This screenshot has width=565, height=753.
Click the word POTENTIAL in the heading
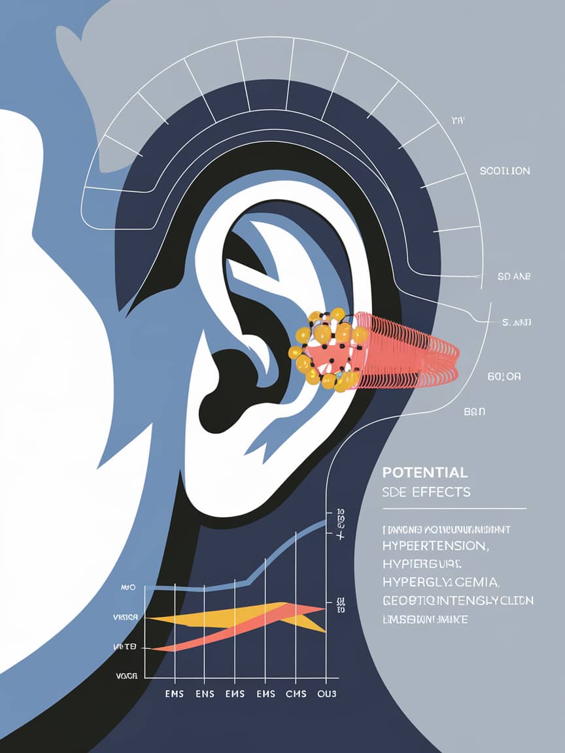click(x=424, y=473)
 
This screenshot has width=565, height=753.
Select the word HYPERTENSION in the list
click(x=434, y=545)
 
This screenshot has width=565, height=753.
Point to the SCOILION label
click(x=505, y=171)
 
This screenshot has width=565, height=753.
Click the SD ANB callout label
click(x=513, y=276)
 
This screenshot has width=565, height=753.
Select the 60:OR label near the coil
click(x=504, y=376)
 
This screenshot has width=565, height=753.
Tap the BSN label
click(x=474, y=412)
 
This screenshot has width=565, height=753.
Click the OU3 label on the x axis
click(x=326, y=694)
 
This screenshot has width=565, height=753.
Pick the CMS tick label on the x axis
click(x=296, y=694)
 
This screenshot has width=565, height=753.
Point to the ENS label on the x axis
click(x=205, y=694)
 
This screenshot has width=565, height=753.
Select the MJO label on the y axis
click(x=128, y=588)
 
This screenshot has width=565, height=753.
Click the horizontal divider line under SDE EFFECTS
click(x=454, y=508)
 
